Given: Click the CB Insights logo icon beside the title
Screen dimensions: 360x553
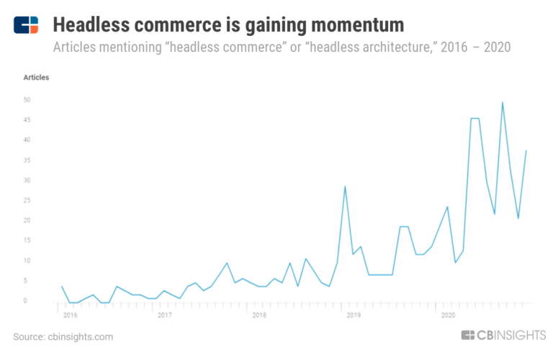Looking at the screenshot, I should [26, 24].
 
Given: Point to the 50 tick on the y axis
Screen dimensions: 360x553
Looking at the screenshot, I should [26, 99].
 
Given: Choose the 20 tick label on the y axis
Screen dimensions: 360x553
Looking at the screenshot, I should [26, 220].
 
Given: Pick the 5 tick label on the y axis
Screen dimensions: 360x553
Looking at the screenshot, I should [27, 281].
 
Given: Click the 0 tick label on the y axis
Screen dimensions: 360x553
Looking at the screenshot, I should [27, 301].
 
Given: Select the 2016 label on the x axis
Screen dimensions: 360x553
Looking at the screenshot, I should [70, 315].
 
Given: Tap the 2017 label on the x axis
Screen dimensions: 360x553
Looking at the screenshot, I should [164, 315].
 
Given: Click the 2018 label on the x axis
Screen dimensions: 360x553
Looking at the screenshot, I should [258, 315].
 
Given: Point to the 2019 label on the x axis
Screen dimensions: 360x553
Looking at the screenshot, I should [353, 315].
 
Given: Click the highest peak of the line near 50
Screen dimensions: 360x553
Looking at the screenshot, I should [502, 102].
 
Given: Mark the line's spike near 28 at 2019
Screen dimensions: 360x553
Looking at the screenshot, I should [346, 186].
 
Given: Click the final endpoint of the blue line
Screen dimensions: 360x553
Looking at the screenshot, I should [526, 150].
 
